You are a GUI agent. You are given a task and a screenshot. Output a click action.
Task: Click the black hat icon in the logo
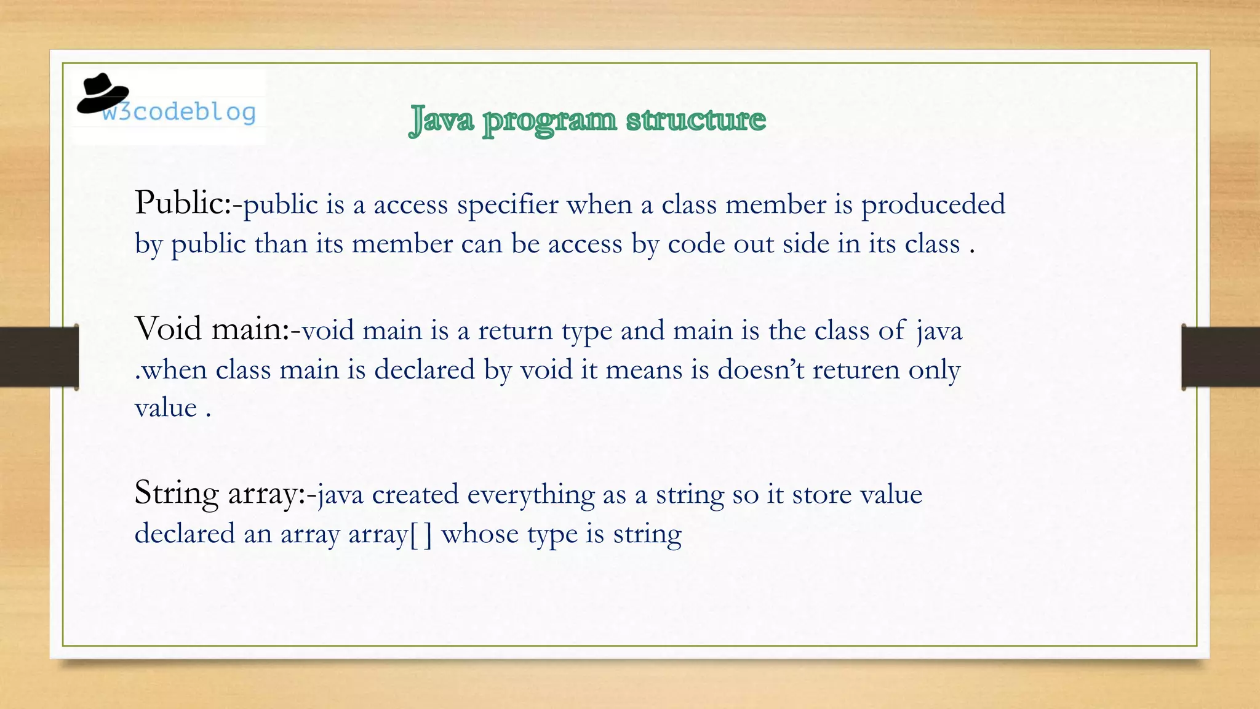[x=102, y=94]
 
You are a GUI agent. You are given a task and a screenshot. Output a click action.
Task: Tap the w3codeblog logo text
[x=179, y=112]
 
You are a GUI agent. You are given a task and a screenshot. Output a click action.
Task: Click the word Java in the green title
[x=441, y=119]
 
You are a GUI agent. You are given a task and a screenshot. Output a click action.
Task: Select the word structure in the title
[x=696, y=119]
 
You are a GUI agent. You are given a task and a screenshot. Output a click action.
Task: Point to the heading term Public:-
[x=188, y=203]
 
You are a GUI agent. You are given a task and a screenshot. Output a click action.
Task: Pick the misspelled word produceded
[x=933, y=204]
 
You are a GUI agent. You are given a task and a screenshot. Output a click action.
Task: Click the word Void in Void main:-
[x=169, y=329]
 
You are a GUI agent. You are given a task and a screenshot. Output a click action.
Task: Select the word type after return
[x=586, y=331]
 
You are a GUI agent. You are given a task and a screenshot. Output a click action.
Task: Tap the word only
[x=934, y=370]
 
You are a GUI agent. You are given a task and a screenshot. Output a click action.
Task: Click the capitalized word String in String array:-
[x=177, y=494]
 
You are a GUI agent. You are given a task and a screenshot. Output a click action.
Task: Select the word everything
[x=526, y=495]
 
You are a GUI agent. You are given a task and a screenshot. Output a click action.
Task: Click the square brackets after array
[x=420, y=534]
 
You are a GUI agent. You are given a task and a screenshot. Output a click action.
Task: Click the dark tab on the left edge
[x=39, y=357]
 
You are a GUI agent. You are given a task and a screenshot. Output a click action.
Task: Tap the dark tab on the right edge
[x=1221, y=357]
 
